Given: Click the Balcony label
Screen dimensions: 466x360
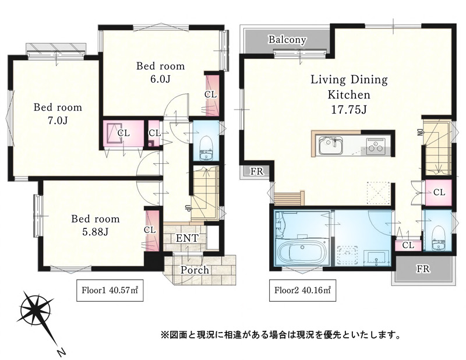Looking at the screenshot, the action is click(287, 40).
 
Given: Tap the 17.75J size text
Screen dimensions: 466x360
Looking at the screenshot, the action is click(349, 110).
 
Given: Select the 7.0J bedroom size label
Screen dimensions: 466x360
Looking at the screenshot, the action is click(58, 121).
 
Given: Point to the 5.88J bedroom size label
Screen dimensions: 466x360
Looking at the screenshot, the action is click(95, 231).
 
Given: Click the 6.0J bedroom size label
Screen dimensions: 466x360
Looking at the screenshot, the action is click(160, 79).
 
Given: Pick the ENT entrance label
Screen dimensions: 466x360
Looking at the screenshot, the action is click(187, 238).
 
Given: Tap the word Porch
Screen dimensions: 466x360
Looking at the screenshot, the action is click(195, 270).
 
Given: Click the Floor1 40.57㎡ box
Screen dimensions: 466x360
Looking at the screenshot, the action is click(110, 290).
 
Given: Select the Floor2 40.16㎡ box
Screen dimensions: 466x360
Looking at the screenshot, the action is click(302, 290).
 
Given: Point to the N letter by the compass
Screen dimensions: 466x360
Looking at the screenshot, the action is click(61, 352).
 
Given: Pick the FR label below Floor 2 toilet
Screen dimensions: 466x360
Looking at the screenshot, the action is click(423, 269).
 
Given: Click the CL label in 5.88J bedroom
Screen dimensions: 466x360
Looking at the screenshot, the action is click(150, 230).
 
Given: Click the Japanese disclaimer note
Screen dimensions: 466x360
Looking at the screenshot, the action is click(280, 335).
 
